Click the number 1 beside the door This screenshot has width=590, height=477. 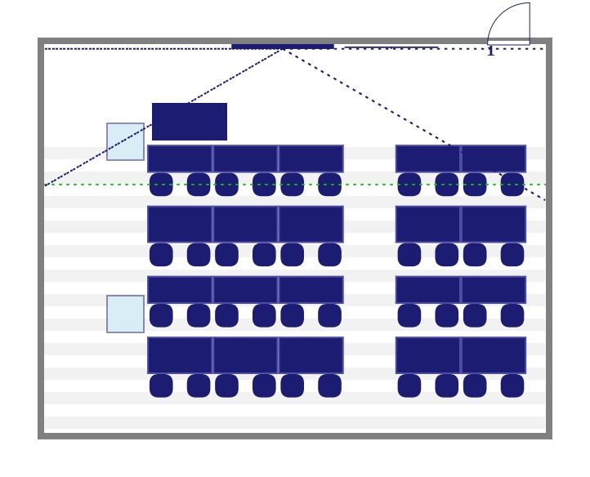[x=490, y=52]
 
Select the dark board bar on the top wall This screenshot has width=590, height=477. [x=282, y=46]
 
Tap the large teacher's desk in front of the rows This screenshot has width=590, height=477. [x=190, y=122]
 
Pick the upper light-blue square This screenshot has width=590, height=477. [x=125, y=141]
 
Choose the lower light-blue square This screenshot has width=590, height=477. [x=125, y=314]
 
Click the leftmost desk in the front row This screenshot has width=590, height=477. [x=180, y=158]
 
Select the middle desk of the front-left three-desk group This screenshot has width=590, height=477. [x=245, y=158]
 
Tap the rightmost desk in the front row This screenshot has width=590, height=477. [x=493, y=158]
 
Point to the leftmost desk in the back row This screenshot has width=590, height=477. [x=180, y=355]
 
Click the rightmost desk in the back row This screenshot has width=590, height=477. [x=493, y=355]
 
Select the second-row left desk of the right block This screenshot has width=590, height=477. [x=428, y=224]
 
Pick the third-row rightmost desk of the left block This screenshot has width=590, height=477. [x=311, y=290]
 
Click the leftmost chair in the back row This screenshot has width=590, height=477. [x=161, y=386]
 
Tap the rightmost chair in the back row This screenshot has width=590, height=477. [x=512, y=386]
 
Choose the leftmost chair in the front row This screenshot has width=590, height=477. [x=161, y=185]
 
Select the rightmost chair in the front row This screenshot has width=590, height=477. [x=512, y=185]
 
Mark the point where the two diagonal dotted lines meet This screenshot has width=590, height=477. [x=283, y=50]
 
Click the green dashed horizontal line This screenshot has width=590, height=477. [x=368, y=185]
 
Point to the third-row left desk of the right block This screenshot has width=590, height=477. [x=428, y=290]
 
